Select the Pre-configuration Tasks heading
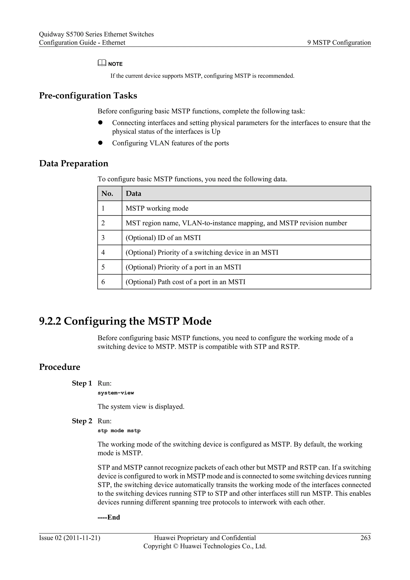click(88, 96)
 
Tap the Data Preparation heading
click(73, 163)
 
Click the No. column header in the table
click(107, 193)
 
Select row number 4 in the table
click(103, 252)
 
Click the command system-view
click(116, 393)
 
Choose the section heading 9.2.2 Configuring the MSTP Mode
click(125, 321)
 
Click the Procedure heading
click(60, 367)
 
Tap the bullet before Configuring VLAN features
click(100, 143)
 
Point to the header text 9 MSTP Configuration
click(339, 42)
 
